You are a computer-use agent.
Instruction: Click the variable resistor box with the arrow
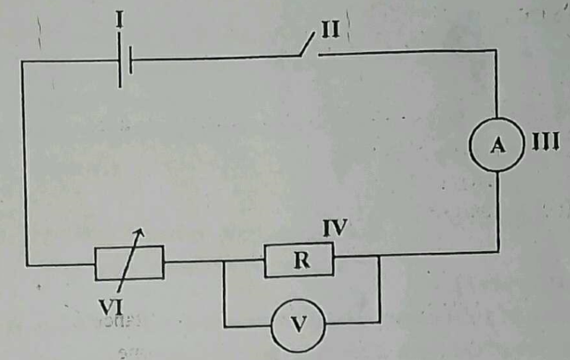tap(129, 262)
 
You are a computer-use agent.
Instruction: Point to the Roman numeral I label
tap(120, 16)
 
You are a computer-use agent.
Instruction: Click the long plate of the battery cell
tap(120, 62)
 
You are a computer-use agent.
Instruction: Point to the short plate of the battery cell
tap(133, 62)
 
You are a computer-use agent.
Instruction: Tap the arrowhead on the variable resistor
tap(139, 232)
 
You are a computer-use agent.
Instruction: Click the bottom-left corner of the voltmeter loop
tap(224, 324)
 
